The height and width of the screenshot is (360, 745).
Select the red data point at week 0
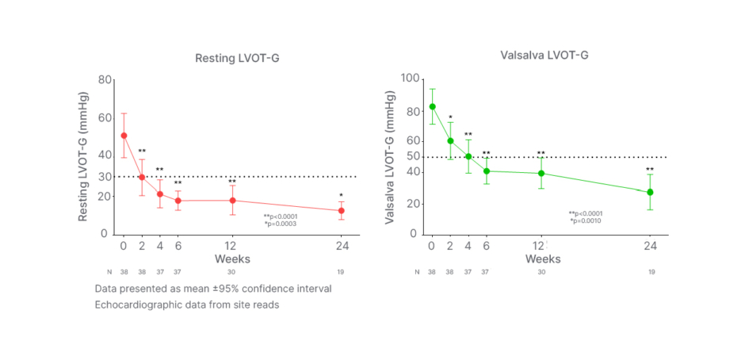[x=124, y=136]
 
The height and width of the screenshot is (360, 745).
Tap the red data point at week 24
[x=342, y=211]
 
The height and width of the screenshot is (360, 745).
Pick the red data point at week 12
[x=232, y=201]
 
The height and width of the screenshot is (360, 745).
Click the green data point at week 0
[x=432, y=106]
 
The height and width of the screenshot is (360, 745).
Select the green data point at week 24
[x=650, y=192]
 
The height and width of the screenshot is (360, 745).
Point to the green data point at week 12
[x=541, y=174]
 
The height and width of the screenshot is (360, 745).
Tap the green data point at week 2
[x=450, y=141]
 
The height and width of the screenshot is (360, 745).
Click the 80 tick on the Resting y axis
[x=104, y=79]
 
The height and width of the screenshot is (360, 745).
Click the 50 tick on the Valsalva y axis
[x=412, y=157]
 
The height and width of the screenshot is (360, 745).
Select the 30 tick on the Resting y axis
[x=104, y=176]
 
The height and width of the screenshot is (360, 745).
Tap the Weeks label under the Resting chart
[x=233, y=259]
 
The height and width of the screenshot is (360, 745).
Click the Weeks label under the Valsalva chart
[x=542, y=259]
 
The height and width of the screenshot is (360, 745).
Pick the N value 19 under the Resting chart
[x=342, y=272]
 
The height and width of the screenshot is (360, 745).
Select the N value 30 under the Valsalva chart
[x=541, y=272]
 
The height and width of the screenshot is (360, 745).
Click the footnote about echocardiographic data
[x=186, y=304]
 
